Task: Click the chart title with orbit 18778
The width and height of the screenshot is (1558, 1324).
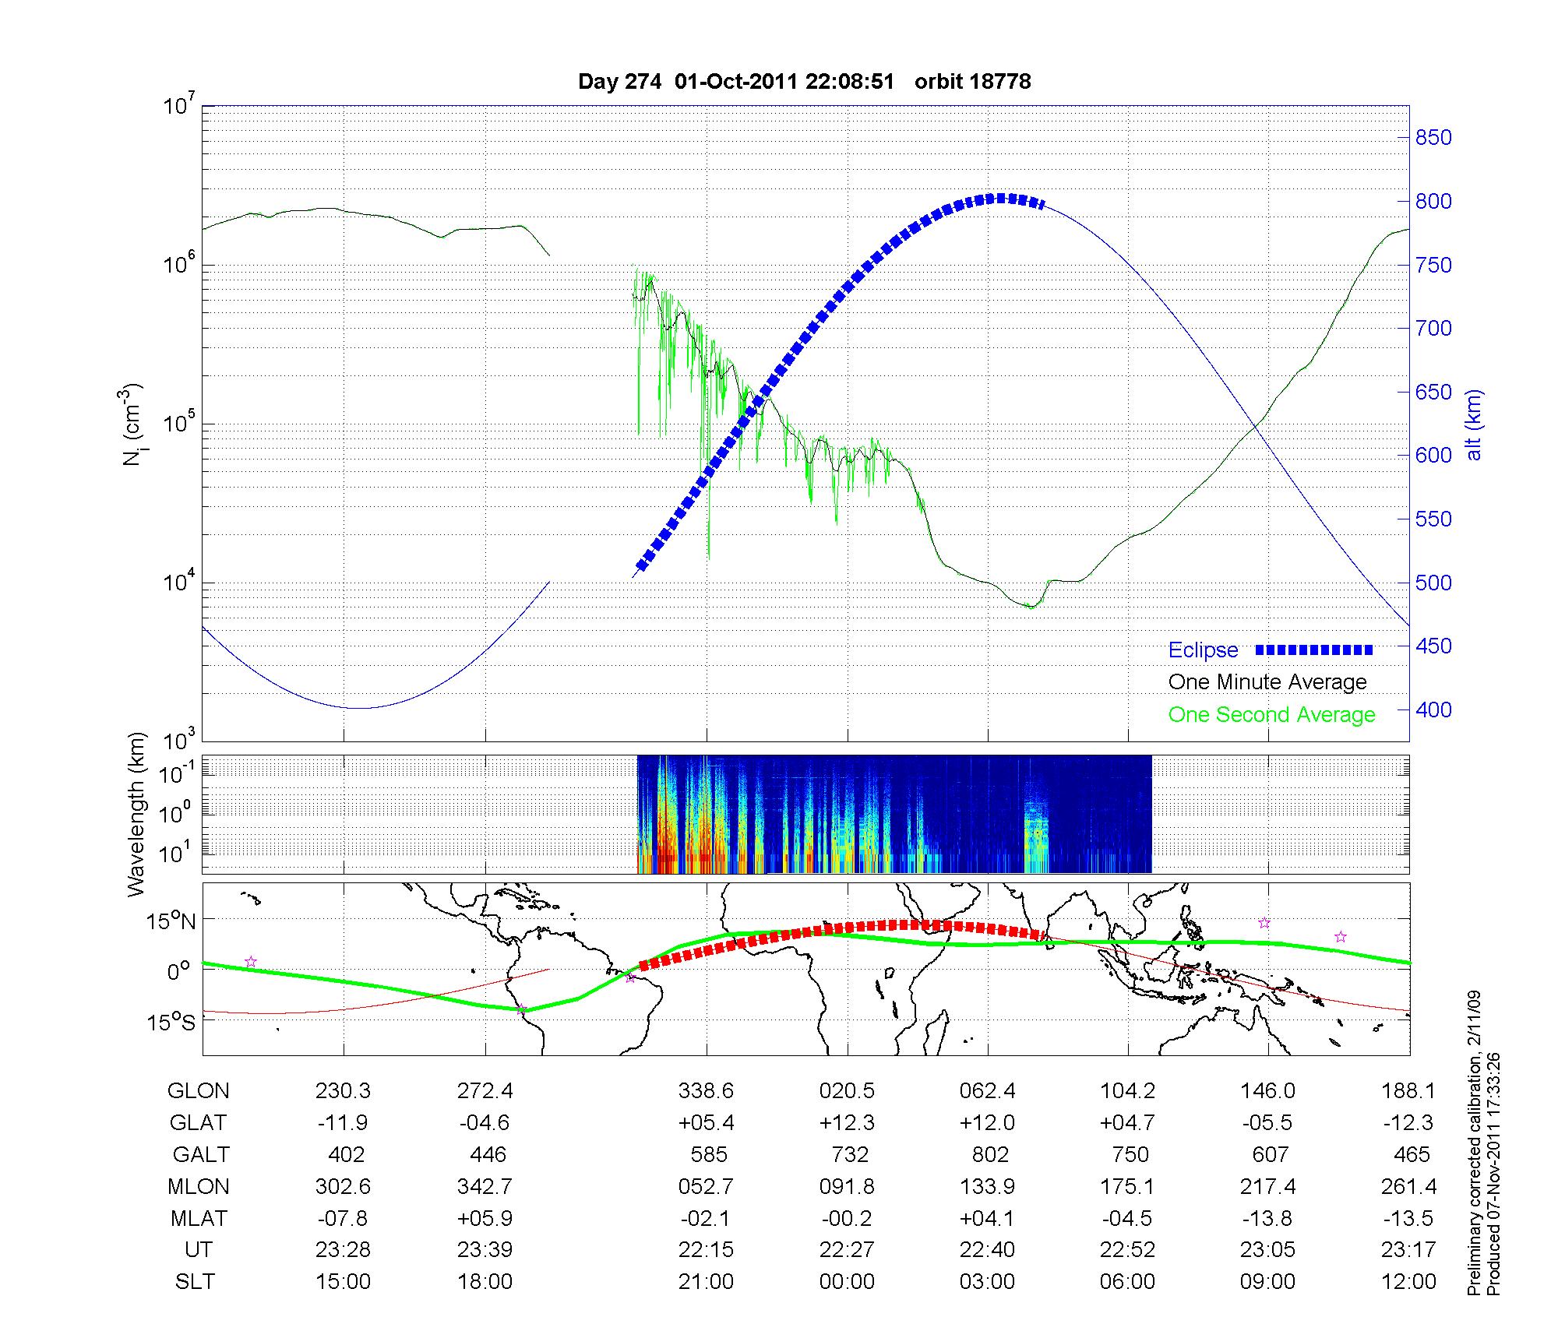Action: coord(804,82)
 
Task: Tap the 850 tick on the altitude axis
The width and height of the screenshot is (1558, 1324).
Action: coord(1433,138)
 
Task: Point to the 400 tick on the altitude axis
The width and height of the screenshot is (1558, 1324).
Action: coord(1433,710)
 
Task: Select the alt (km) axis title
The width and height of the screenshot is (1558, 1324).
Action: coord(1475,425)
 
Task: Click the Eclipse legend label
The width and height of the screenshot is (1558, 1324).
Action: coord(1203,650)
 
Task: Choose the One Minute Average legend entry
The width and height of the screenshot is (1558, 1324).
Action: coord(1267,682)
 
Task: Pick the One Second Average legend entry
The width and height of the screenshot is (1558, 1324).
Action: coord(1271,715)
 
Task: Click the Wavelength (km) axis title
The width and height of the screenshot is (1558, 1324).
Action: coord(138,814)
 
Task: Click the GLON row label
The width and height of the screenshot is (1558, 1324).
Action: coord(199,1091)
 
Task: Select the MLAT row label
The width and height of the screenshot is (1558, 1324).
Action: coord(199,1218)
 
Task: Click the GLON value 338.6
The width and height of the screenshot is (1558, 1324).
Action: coord(706,1091)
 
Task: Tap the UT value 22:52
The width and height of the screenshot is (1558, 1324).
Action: coord(1127,1250)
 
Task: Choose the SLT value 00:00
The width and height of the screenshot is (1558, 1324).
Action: coord(847,1281)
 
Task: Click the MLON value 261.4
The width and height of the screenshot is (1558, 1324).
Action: coord(1408,1186)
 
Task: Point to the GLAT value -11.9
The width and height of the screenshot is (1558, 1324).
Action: coord(343,1123)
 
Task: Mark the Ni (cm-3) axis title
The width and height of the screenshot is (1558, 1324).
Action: coord(132,425)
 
